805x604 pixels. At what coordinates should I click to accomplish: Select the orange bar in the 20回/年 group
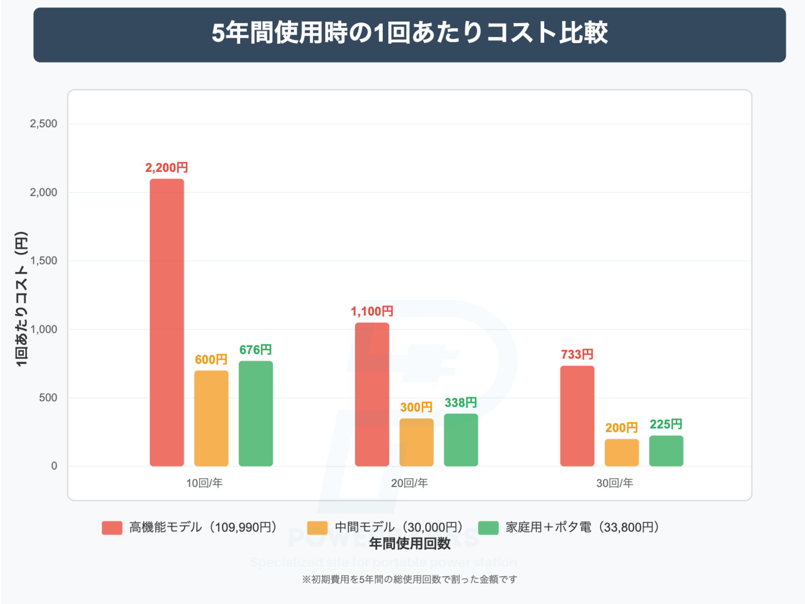(x=416, y=442)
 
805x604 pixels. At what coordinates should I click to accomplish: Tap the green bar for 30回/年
(x=666, y=451)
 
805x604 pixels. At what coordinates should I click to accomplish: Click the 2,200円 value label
(x=166, y=168)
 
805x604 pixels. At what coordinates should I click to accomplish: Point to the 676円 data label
(x=255, y=349)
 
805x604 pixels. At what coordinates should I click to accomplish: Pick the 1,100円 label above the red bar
(x=372, y=311)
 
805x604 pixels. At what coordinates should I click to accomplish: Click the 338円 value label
(x=460, y=403)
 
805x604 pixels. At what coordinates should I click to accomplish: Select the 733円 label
(x=577, y=354)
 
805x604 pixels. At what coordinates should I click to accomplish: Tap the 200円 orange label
(x=621, y=428)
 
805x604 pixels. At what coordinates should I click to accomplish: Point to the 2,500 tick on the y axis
(x=43, y=124)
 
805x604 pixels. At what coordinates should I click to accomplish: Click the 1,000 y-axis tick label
(x=43, y=329)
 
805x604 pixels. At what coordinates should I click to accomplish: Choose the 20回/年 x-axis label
(x=409, y=483)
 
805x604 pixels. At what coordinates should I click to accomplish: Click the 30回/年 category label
(x=614, y=483)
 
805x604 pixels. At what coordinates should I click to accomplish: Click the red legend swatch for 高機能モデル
(x=112, y=528)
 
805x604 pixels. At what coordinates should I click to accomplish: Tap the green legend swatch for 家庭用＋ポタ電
(x=488, y=528)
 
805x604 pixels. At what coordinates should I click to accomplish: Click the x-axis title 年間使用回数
(x=409, y=544)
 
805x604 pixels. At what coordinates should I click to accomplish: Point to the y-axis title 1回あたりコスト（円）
(x=21, y=299)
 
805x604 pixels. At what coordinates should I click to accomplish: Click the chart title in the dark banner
(x=409, y=33)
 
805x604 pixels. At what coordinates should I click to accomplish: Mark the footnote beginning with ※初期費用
(x=409, y=579)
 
